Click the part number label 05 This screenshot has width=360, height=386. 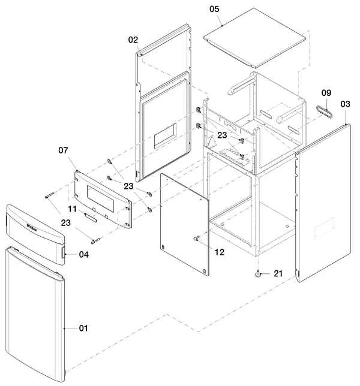coord(214,9)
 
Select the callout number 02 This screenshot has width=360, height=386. coord(133,40)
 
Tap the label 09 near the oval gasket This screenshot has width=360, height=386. coord(326,93)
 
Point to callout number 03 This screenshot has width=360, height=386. coord(345,104)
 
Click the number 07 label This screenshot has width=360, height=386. coord(63,150)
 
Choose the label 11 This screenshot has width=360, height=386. coord(72,209)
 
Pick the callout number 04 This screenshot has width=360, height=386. coord(84,254)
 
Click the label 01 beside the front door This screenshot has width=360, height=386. coord(83,328)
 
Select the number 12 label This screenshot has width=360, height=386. coord(220,252)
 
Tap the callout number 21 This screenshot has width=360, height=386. coord(278,273)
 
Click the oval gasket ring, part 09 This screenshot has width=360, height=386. coord(324,111)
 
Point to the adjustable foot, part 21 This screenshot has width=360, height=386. coord(258,274)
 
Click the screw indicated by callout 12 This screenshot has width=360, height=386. coord(197,237)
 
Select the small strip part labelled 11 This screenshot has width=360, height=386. coord(91,218)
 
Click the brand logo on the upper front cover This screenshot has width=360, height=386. coord(32,228)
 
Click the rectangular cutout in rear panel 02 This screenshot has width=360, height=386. coord(166,135)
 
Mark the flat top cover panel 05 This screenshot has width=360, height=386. coord(254,38)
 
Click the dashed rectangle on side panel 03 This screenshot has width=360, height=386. coord(325,228)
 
